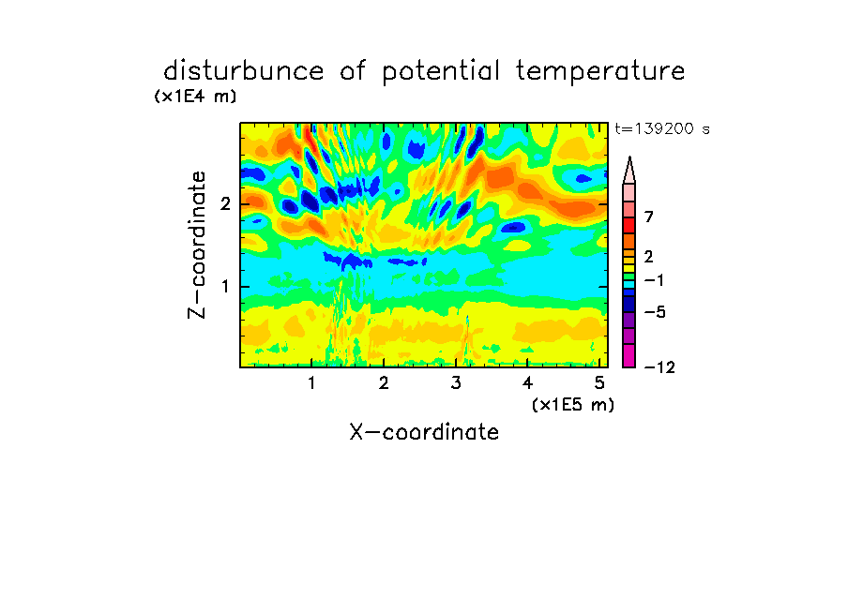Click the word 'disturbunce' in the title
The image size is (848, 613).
(244, 71)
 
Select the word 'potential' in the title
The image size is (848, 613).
(441, 72)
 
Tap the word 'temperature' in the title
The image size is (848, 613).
(600, 72)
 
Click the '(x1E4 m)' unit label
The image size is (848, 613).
(195, 97)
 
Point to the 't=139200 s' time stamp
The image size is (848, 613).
(662, 128)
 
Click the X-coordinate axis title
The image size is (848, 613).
(424, 432)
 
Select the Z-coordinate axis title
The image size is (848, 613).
(197, 245)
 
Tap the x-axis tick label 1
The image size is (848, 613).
(311, 383)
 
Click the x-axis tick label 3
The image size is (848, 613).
(456, 383)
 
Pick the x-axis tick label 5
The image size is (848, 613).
(599, 383)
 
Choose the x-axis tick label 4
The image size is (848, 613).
(528, 383)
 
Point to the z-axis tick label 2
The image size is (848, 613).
(225, 204)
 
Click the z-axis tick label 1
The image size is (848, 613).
(225, 287)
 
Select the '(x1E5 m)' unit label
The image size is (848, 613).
(573, 405)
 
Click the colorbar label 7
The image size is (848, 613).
(649, 217)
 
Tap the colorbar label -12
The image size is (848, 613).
(659, 367)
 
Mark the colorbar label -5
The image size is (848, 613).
(655, 312)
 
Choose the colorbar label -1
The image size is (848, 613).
(654, 280)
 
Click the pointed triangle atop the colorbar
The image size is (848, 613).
(629, 170)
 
